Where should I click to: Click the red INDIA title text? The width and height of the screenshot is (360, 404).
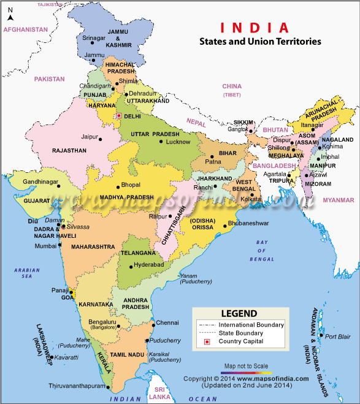pos(255,28)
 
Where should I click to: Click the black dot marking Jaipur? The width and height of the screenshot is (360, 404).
pos(102,137)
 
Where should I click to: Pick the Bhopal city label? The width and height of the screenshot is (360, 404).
pos(131,185)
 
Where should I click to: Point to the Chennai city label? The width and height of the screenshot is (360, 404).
pos(167,322)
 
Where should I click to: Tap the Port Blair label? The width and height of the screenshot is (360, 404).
pos(338,337)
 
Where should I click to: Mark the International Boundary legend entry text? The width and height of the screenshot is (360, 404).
pos(251,324)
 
